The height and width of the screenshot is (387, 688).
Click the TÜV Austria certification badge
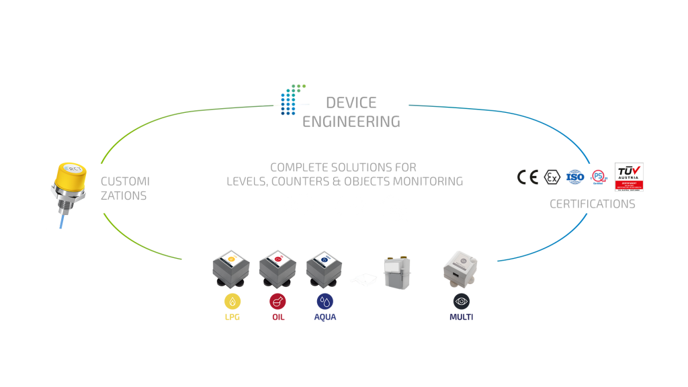point(630,177)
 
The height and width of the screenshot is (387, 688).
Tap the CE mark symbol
point(528,177)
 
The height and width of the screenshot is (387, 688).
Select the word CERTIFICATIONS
point(592,204)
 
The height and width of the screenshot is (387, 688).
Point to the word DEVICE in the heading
point(351,103)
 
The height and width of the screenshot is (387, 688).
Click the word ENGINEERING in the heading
point(351,122)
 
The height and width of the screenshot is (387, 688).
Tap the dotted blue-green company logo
point(292,99)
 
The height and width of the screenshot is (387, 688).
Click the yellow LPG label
point(232,317)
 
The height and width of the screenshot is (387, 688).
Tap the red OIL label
point(278,317)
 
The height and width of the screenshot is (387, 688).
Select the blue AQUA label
point(325,317)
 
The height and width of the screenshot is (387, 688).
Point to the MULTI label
point(461,317)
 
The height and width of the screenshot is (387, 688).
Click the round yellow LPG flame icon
point(232,301)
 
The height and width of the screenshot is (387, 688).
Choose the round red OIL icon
point(278,301)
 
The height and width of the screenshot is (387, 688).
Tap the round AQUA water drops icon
point(325,301)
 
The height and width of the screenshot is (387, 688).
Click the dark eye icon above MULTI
point(461,301)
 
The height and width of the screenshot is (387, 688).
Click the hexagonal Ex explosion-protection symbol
point(553,177)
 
